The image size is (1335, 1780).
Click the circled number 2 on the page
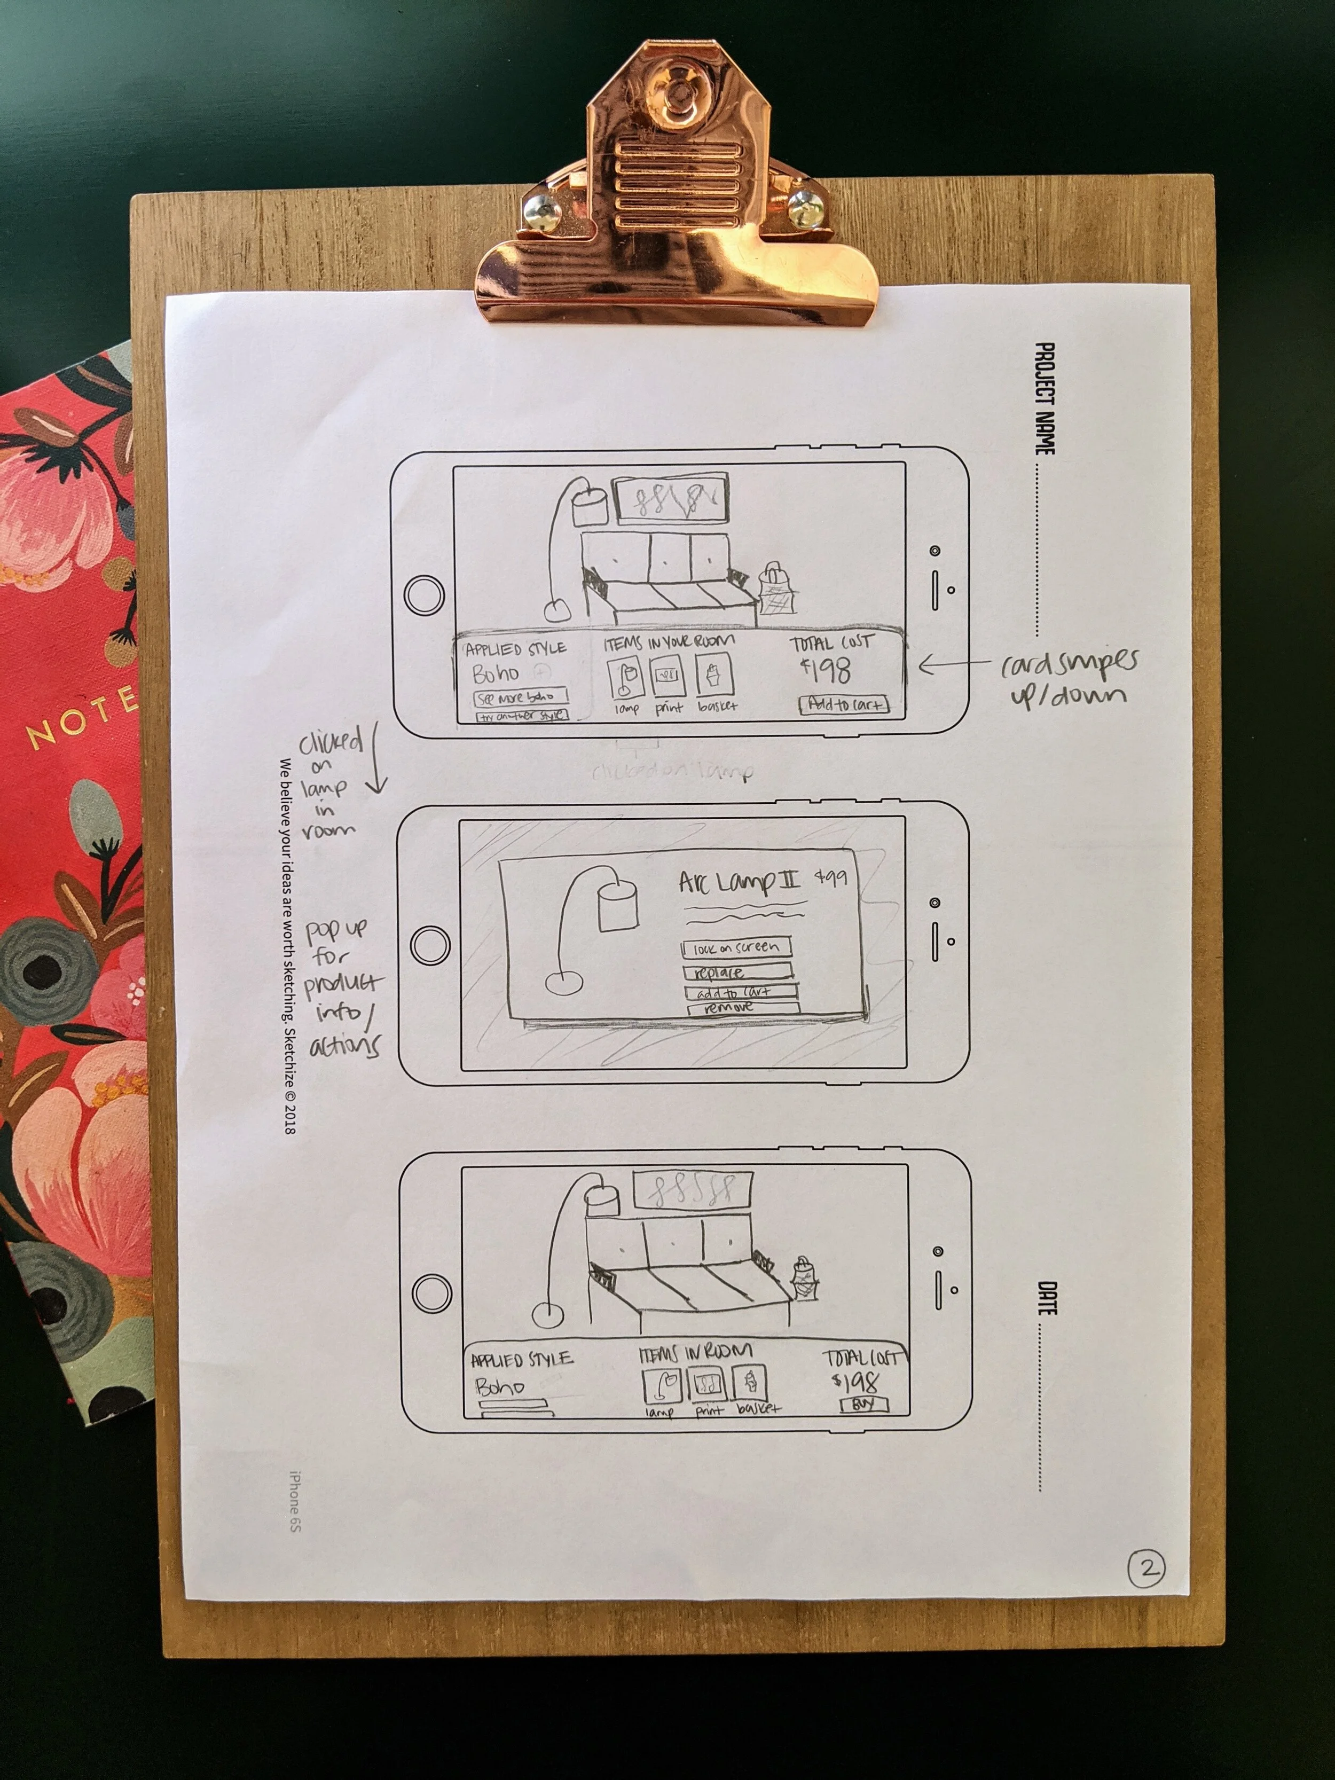(1146, 1567)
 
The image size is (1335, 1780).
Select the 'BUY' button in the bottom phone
(863, 1405)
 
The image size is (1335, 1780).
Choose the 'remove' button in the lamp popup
(742, 1007)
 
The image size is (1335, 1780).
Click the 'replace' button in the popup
(737, 972)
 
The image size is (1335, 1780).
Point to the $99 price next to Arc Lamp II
(830, 877)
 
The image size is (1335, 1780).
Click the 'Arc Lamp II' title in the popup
(740, 883)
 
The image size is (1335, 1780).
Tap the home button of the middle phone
(430, 944)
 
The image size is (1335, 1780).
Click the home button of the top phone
(423, 595)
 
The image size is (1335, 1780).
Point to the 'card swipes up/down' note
(1069, 678)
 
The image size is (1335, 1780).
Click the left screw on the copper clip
(543, 211)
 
